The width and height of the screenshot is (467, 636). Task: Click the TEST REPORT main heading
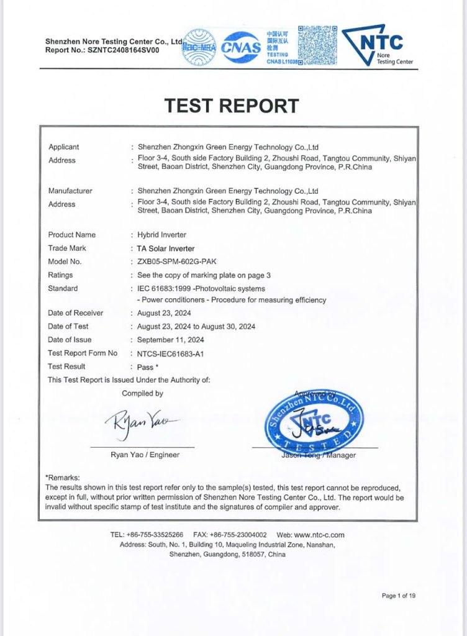pyautogui.click(x=232, y=106)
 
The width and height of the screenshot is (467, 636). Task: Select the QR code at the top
pyautogui.click(x=318, y=45)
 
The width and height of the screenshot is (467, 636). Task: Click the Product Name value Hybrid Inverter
pyautogui.click(x=162, y=235)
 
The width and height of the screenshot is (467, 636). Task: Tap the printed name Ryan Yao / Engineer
pyautogui.click(x=145, y=455)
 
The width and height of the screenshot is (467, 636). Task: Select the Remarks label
pyautogui.click(x=63, y=477)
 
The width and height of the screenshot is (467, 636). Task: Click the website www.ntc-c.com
pyautogui.click(x=319, y=535)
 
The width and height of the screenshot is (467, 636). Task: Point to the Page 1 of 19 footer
pyautogui.click(x=398, y=596)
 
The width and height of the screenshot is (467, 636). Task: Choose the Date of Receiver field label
pyautogui.click(x=76, y=313)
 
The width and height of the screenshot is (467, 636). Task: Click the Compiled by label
pyautogui.click(x=142, y=393)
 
